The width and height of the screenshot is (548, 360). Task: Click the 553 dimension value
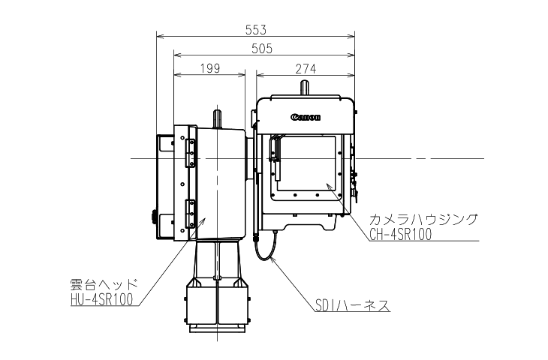[256, 30]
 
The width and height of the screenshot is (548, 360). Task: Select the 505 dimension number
[262, 49]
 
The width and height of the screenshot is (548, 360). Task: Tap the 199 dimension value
[210, 68]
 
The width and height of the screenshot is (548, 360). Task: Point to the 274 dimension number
[306, 69]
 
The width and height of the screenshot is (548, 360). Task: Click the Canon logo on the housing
[306, 117]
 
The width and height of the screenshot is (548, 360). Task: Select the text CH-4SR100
[401, 234]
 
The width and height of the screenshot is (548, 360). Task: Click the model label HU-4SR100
[102, 299]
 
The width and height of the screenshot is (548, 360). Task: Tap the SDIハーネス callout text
[352, 305]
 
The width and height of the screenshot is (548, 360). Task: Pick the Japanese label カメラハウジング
[423, 220]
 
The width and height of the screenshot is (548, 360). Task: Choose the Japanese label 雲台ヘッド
[104, 284]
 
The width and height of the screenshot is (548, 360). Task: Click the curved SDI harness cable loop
[266, 247]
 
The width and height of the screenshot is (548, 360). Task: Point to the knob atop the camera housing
[305, 87]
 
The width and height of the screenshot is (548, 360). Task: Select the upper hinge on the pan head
[191, 153]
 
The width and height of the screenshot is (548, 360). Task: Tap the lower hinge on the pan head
[191, 213]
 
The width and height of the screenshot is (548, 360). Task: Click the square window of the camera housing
[306, 163]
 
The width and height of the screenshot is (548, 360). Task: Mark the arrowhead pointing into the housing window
[329, 186]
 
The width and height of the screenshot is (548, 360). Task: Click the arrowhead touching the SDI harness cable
[273, 259]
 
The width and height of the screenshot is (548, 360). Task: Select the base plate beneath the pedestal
[217, 329]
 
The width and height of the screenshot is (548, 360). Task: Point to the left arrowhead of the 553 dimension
[160, 35]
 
